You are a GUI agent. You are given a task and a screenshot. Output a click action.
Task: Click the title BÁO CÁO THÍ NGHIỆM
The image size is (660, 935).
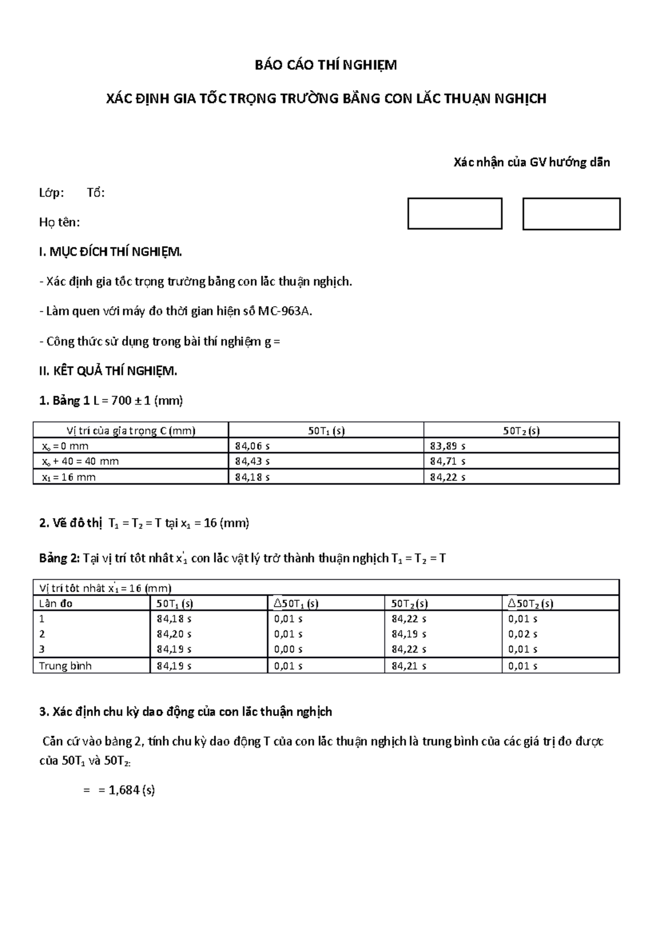point(325,66)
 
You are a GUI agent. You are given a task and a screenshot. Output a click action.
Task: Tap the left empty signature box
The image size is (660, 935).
point(454,214)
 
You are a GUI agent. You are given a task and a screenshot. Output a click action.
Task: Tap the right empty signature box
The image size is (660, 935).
point(571,214)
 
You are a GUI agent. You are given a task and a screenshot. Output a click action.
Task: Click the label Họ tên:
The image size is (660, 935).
point(59,222)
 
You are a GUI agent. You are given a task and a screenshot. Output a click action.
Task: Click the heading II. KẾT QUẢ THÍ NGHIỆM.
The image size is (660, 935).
point(108,371)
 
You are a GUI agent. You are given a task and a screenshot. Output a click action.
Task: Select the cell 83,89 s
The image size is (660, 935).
point(447,446)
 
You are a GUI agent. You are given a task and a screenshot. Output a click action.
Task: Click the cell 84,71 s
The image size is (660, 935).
point(447,461)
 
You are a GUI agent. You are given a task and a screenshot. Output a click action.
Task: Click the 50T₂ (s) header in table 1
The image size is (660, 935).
point(521,431)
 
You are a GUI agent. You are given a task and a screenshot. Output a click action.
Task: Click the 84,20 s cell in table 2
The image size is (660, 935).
point(174,634)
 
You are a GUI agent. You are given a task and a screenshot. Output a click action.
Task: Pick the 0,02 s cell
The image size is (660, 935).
point(522,634)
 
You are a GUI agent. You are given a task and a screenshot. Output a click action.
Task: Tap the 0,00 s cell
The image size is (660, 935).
point(288,650)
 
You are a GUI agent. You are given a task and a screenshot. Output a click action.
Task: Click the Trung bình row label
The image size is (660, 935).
point(65,666)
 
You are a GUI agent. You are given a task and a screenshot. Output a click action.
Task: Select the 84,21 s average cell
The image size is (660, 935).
point(409,666)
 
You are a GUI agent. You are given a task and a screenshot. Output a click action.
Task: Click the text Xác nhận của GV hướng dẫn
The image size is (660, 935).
point(531,162)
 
